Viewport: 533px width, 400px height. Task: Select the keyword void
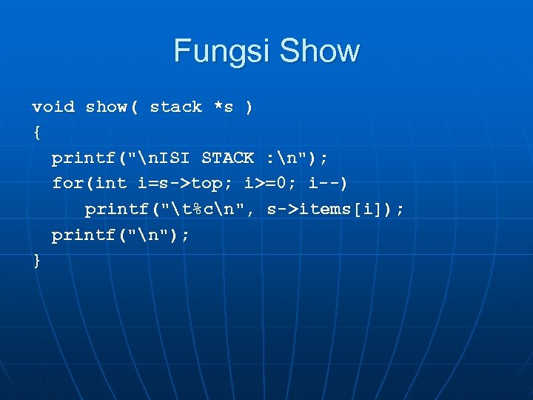[x=53, y=107]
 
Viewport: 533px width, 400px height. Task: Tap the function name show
[x=107, y=107]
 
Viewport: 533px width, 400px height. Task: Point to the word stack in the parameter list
[x=175, y=107]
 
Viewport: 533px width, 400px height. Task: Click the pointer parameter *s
[x=224, y=107]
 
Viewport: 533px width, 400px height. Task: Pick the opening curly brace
[x=36, y=133]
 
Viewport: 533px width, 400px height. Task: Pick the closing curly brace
[x=36, y=261]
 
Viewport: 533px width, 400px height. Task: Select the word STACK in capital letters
[x=228, y=158]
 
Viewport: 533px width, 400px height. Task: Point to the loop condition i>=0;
[x=271, y=183]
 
